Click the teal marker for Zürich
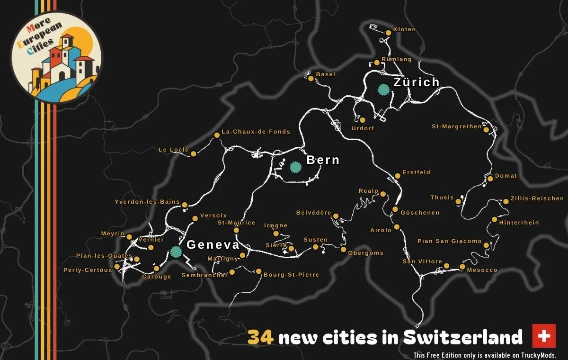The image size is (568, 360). [x=383, y=89]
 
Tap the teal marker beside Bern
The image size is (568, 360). [x=295, y=167]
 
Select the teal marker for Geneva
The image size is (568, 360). [x=176, y=252]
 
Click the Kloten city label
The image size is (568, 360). [x=404, y=29]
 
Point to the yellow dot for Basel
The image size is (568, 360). [x=311, y=78]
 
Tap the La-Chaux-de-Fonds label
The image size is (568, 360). [x=256, y=132]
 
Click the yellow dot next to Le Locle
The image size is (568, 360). [x=193, y=153]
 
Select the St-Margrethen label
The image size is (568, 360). [x=456, y=126]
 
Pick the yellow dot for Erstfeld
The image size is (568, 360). [x=397, y=176]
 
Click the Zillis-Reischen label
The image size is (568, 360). [x=537, y=198]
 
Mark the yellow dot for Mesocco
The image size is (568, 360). [x=462, y=267]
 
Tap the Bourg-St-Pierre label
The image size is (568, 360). [x=291, y=275]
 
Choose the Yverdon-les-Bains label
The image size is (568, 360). [x=147, y=202]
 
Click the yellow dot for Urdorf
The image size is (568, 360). [x=363, y=120]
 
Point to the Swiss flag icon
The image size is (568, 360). [x=544, y=336]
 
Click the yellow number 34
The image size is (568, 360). [x=260, y=338]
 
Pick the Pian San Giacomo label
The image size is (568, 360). [x=449, y=241]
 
